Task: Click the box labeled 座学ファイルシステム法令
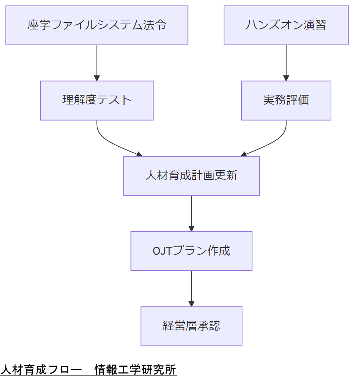pyautogui.click(x=97, y=25)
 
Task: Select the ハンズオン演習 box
pyautogui.click(x=286, y=25)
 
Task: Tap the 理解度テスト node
pyautogui.click(x=97, y=100)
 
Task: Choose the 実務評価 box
pyautogui.click(x=286, y=100)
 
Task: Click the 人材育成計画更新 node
pyautogui.click(x=191, y=176)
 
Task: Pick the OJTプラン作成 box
pyautogui.click(x=191, y=251)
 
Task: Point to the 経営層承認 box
pyautogui.click(x=191, y=326)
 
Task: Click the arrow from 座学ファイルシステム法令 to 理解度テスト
pyautogui.click(x=97, y=63)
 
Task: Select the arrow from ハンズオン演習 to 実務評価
pyautogui.click(x=286, y=63)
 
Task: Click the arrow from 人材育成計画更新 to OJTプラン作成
pyautogui.click(x=191, y=213)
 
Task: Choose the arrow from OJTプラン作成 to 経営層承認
pyautogui.click(x=191, y=288)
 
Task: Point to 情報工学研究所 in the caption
pyautogui.click(x=135, y=370)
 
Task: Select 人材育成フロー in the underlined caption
pyautogui.click(x=40, y=370)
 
